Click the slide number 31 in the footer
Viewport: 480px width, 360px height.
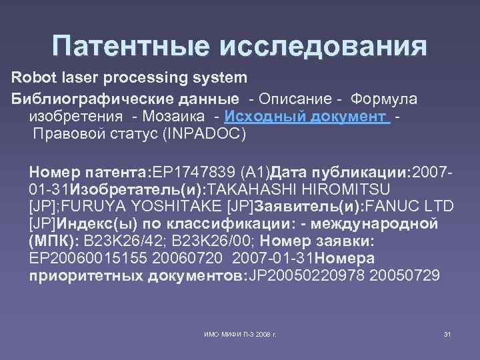[x=447, y=333]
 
